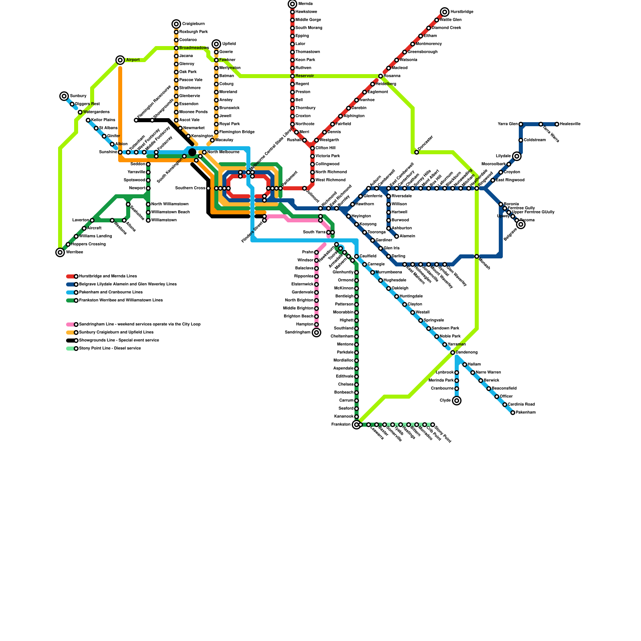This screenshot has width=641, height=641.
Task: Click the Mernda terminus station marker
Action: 292,4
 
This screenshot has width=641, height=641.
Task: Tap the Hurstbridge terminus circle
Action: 445,12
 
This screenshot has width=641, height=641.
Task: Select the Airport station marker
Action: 120,60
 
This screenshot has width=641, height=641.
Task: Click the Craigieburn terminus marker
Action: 176,24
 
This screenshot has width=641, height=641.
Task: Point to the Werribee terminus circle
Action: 60,252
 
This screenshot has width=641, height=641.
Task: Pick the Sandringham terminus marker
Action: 316,333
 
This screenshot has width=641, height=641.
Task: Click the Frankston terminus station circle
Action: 357,425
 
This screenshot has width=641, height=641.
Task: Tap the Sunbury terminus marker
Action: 64,96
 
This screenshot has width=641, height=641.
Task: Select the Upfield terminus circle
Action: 216,44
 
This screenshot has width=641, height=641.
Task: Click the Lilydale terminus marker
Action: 517,156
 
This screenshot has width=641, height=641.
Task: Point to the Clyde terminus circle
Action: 457,401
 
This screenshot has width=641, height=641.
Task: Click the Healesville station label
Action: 570,124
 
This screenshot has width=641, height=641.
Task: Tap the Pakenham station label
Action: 526,413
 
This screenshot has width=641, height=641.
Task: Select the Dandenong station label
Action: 467,353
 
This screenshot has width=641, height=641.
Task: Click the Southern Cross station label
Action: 190,188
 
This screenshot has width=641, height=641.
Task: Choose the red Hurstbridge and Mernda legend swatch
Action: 71,276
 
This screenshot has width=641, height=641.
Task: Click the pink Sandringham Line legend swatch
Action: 71,325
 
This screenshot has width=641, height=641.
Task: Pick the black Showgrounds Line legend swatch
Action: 71,341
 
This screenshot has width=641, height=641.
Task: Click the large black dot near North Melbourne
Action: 192,152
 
